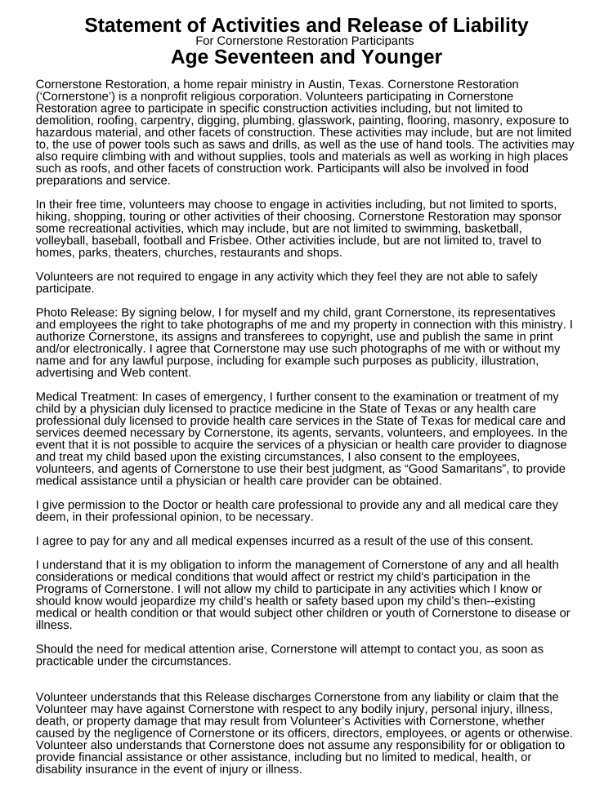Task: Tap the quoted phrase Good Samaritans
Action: tap(449, 469)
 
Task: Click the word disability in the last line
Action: tap(62, 768)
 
